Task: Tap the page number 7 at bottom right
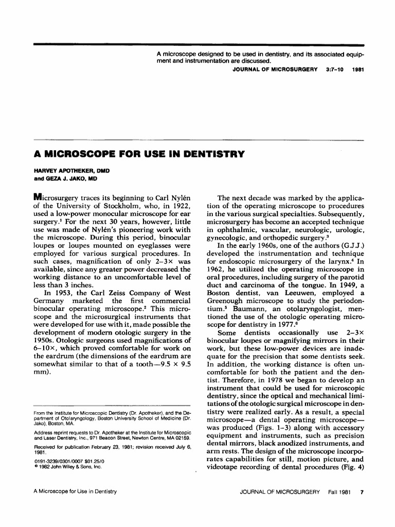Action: (x=362, y=491)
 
